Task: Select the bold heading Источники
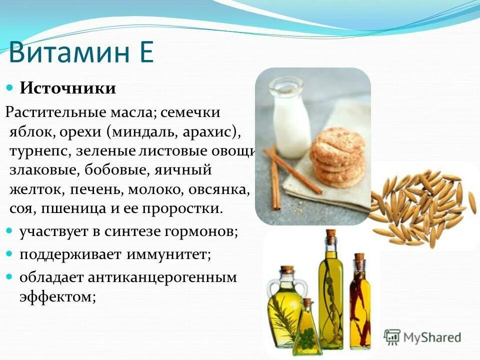(x=68, y=88)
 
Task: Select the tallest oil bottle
(x=330, y=290)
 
